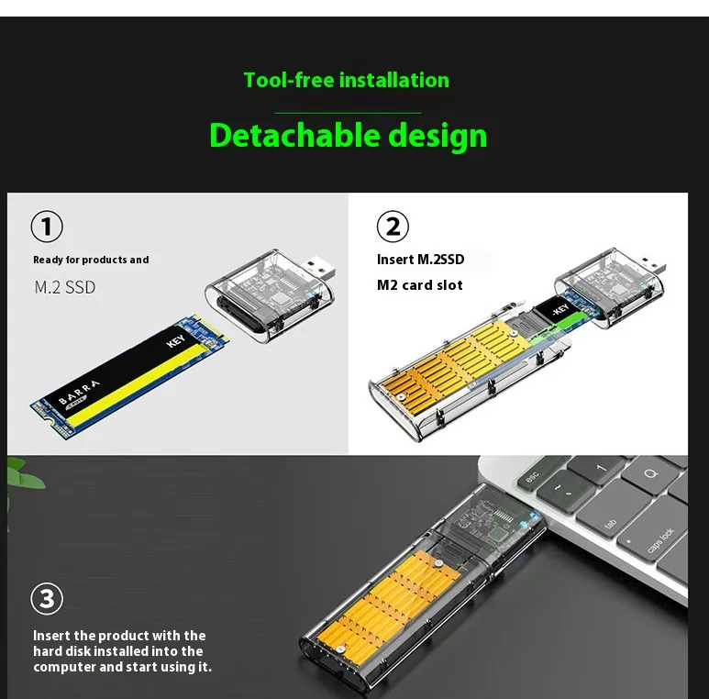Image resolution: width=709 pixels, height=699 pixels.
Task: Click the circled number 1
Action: click(47, 227)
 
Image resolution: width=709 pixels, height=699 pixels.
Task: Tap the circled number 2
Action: click(393, 227)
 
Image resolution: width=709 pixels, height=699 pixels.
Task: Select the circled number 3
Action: click(47, 599)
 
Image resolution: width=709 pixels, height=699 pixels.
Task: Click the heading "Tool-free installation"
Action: click(347, 80)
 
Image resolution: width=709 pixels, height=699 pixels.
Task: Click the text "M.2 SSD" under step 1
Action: click(64, 287)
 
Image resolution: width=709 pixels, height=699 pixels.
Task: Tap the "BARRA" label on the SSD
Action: click(79, 392)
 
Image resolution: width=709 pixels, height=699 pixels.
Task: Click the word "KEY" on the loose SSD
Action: click(175, 341)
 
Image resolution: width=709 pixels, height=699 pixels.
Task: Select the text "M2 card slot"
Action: click(419, 285)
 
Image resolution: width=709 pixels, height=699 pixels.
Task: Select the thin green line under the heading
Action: click(348, 113)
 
